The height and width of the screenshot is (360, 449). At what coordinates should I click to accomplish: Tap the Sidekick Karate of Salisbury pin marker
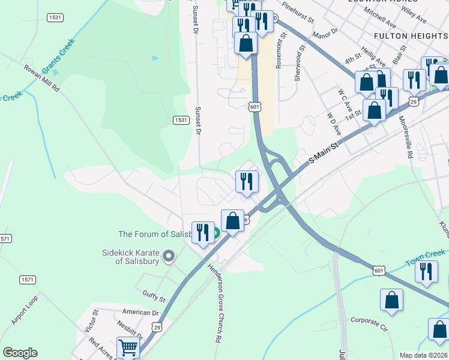tap(169, 257)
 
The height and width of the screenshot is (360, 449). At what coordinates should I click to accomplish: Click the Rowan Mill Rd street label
tap(42, 78)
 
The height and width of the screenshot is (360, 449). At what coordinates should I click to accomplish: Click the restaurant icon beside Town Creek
tap(426, 271)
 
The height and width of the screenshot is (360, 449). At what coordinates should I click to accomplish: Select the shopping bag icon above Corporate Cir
tap(391, 300)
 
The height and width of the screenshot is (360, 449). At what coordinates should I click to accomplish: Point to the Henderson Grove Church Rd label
tap(214, 303)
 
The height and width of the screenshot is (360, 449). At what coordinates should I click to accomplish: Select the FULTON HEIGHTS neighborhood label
tap(411, 36)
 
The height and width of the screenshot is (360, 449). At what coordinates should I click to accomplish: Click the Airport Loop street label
tap(25, 310)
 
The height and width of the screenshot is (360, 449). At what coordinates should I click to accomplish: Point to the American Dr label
tap(140, 312)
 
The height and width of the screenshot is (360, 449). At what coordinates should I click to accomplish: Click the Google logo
tap(20, 353)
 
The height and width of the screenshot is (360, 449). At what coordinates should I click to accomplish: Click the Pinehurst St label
tap(298, 12)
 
